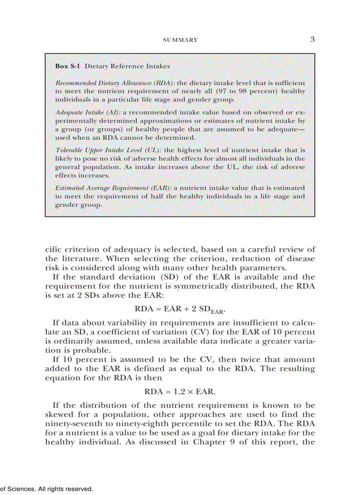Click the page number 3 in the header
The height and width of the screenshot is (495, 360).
coord(312,39)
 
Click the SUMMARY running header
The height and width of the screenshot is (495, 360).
coord(180,40)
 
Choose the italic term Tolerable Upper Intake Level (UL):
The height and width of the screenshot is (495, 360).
coord(109,150)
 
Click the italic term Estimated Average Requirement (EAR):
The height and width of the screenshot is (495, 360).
coord(113,188)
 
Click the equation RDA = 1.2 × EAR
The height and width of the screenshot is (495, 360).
coord(180,391)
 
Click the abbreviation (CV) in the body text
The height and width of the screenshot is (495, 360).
coord(189,332)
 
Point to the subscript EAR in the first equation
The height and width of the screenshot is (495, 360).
coord(217,312)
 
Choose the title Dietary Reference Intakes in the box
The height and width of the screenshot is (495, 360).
coord(127,66)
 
